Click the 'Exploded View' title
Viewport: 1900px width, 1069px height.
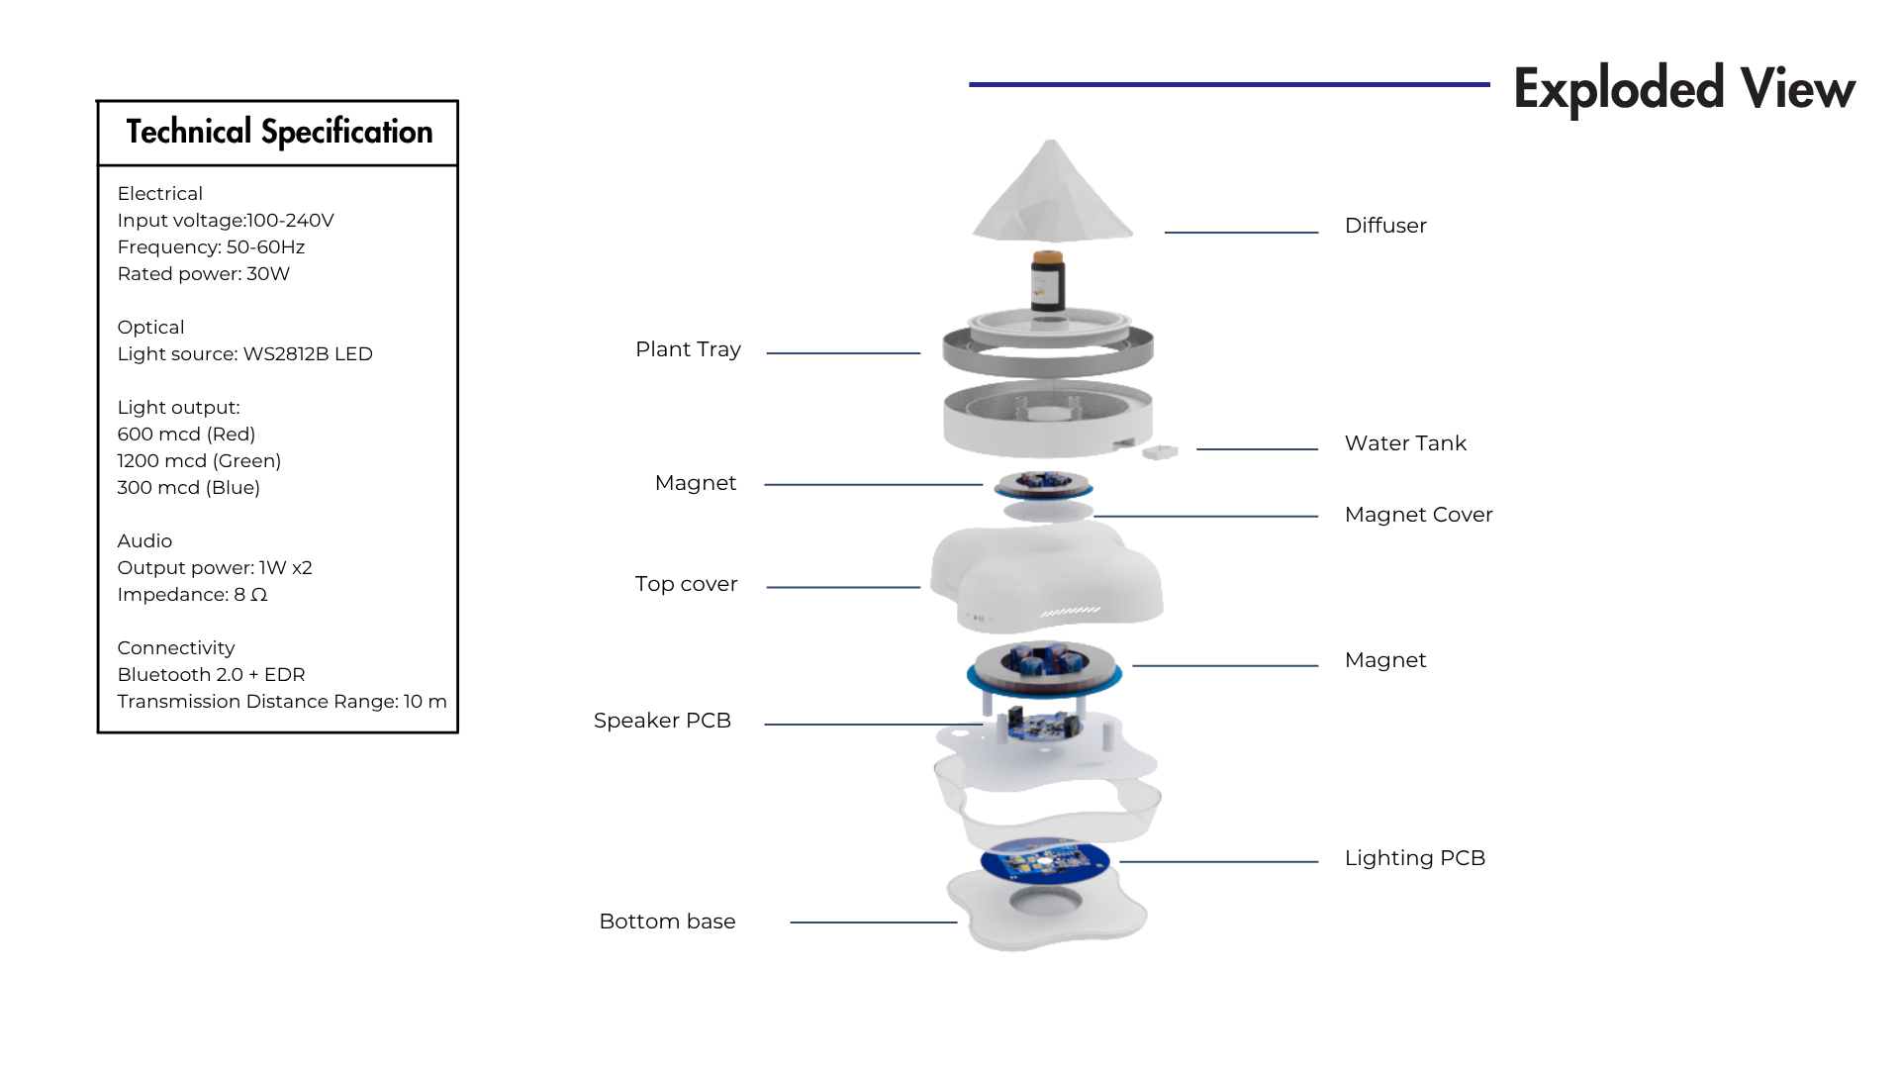pyautogui.click(x=1684, y=88)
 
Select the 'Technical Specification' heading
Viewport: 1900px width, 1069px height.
pyautogui.click(x=279, y=132)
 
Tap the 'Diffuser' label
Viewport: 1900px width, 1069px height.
pyautogui.click(x=1385, y=226)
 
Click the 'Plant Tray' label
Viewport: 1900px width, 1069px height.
pyautogui.click(x=688, y=349)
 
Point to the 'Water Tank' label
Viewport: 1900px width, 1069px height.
pyautogui.click(x=1405, y=443)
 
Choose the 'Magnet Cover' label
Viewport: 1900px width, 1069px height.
pyautogui.click(x=1418, y=515)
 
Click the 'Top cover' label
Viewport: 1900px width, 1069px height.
pyautogui.click(x=686, y=584)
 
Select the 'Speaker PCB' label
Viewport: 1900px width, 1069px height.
pyautogui.click(x=662, y=721)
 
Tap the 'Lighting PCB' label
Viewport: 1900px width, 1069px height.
pyautogui.click(x=1415, y=858)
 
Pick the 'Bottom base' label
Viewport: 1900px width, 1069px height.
pyautogui.click(x=667, y=922)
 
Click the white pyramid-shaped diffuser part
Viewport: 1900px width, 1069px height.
pyautogui.click(x=1052, y=193)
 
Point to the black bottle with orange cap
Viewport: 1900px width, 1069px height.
pyautogui.click(x=1047, y=281)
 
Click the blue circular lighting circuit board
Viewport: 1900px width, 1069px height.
pyautogui.click(x=1045, y=860)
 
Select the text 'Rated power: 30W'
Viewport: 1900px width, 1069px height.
pyautogui.click(x=204, y=274)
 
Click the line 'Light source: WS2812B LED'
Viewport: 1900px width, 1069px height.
pyautogui.click(x=245, y=354)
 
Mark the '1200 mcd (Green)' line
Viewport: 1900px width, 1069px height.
pyautogui.click(x=199, y=461)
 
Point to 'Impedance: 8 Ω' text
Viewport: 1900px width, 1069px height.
pyautogui.click(x=192, y=595)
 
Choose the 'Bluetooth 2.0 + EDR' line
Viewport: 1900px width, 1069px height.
pyautogui.click(x=211, y=675)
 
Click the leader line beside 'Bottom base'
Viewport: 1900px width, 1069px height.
pyautogui.click(x=874, y=923)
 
